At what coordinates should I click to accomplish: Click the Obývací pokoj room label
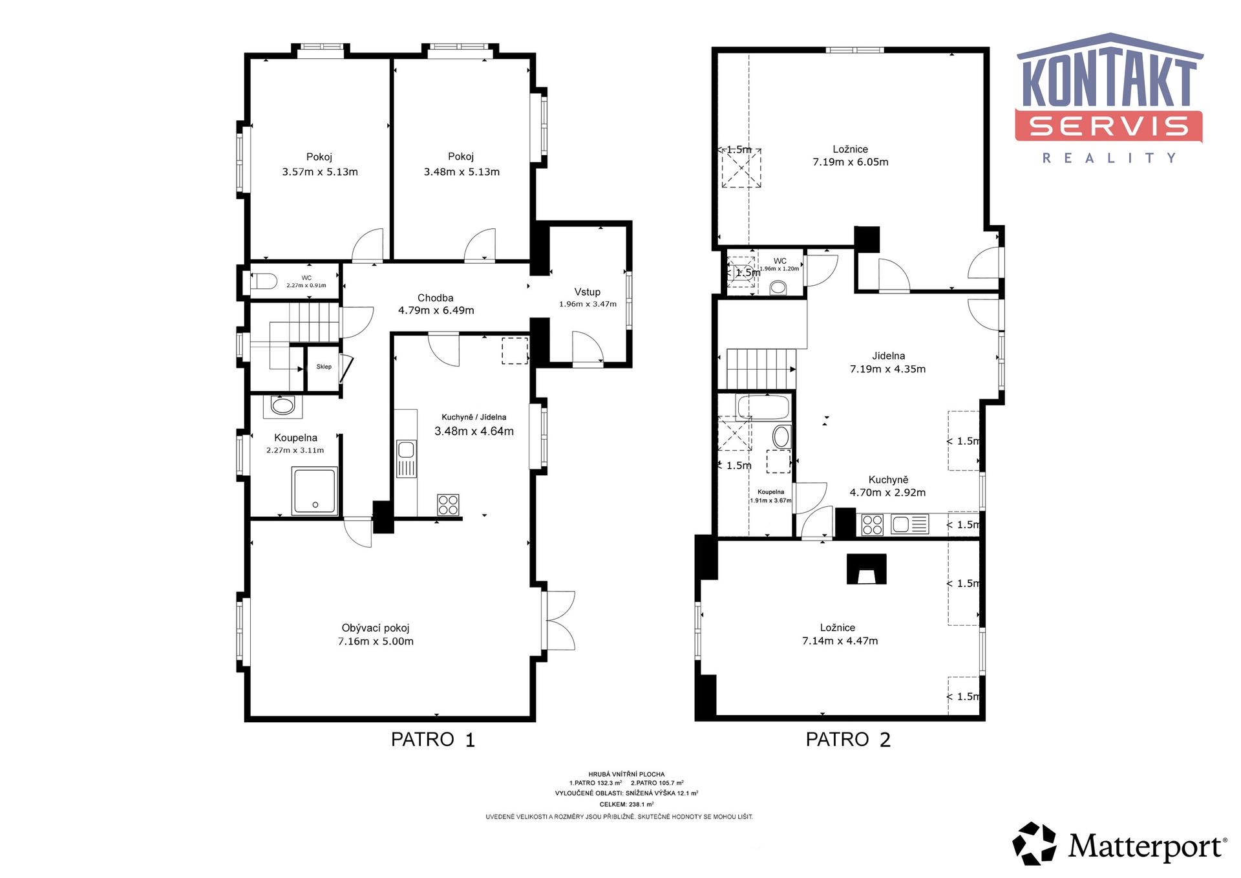point(376,628)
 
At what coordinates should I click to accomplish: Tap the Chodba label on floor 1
point(435,298)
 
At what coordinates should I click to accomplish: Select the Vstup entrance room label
point(588,292)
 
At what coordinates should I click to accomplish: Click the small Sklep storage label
point(324,367)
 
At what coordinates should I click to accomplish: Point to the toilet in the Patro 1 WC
point(264,281)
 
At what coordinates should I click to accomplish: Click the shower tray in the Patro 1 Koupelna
point(315,491)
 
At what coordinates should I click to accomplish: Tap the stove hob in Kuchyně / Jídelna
point(448,504)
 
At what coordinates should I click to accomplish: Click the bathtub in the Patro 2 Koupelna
point(763,408)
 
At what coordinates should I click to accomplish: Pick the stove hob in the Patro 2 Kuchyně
point(873,524)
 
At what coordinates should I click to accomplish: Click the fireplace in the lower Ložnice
point(867,569)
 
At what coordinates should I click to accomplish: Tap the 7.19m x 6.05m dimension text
point(851,162)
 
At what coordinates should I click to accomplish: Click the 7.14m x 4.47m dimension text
point(840,641)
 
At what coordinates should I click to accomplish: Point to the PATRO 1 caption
point(433,740)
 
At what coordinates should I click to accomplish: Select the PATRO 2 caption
point(848,740)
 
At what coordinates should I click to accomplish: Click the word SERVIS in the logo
point(1108,126)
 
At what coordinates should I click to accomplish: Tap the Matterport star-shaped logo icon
point(1035,843)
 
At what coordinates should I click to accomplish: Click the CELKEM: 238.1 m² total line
point(626,805)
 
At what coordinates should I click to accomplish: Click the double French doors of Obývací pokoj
point(560,621)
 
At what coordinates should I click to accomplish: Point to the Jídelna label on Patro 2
point(888,356)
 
